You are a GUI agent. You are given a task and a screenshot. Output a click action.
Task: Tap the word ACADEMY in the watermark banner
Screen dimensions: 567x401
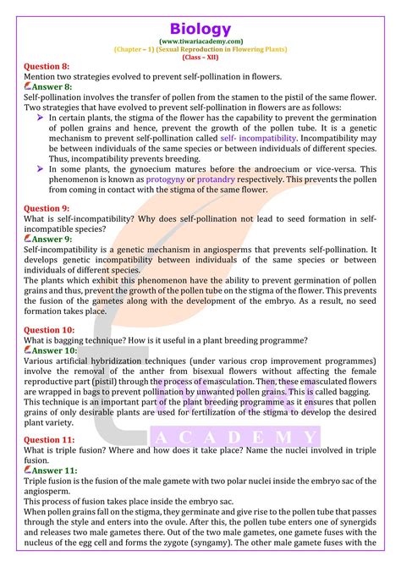point(236,438)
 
